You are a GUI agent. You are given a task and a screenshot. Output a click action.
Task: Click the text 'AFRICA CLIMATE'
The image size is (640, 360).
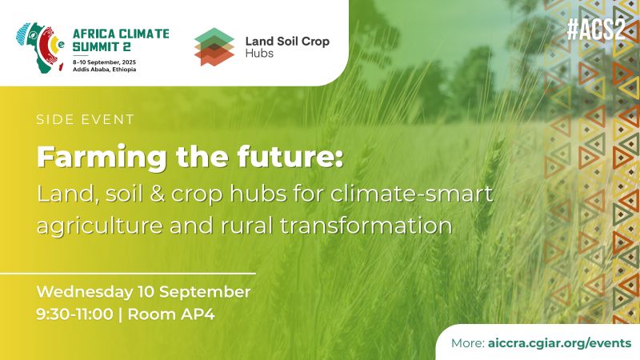point(121,34)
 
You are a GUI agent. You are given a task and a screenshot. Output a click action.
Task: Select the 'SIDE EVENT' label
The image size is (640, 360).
point(85,120)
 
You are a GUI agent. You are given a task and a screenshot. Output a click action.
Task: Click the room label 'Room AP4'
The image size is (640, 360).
point(171,314)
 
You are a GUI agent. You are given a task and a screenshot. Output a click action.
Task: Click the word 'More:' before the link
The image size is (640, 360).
point(468,342)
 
